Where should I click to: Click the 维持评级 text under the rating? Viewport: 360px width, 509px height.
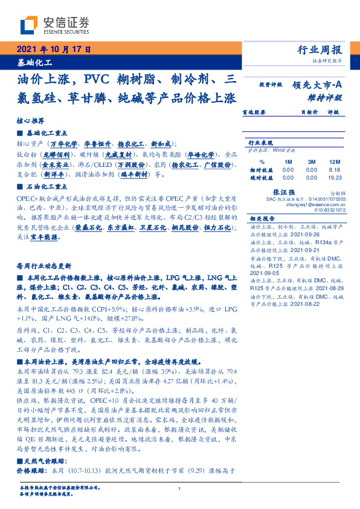tap(326, 97)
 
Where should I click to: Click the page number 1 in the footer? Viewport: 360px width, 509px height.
tap(180, 488)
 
